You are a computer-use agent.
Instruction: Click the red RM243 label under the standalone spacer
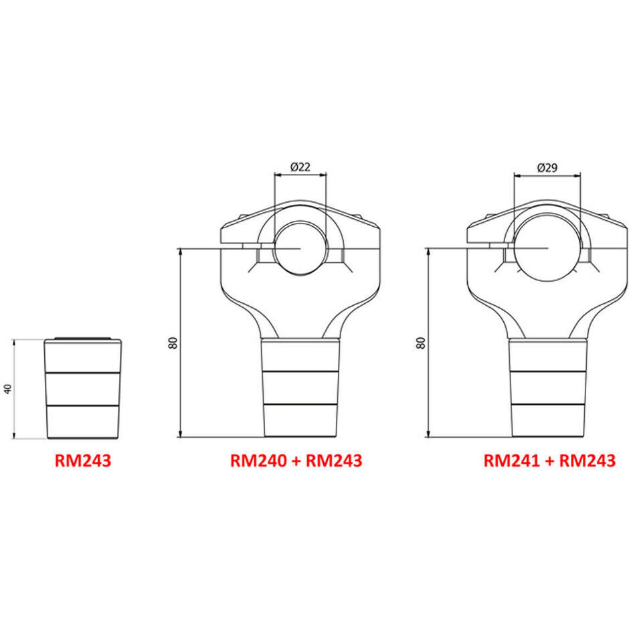click(x=82, y=460)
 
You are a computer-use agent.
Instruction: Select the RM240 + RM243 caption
click(x=296, y=460)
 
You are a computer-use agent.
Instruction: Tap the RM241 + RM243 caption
click(x=549, y=460)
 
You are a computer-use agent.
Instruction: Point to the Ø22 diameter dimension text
click(x=300, y=167)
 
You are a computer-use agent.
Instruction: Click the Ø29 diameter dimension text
click(x=547, y=168)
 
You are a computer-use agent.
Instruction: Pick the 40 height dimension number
click(x=8, y=389)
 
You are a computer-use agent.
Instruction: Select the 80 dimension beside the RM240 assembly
click(x=173, y=343)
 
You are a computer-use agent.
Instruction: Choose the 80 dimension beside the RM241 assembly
click(x=420, y=343)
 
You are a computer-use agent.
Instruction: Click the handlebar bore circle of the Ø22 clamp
click(x=300, y=221)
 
